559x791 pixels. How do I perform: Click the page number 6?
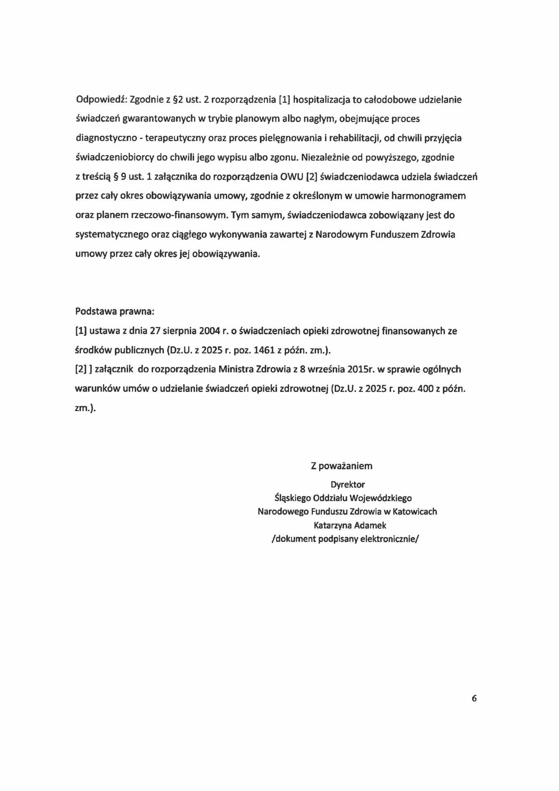[x=474, y=698]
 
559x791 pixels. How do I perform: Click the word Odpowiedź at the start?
[x=101, y=100]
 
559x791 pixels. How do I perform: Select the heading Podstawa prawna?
[x=115, y=311]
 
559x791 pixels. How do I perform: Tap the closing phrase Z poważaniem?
[x=341, y=466]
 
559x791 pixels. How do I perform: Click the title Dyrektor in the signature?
[x=348, y=484]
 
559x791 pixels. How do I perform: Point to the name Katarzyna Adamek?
[x=350, y=525]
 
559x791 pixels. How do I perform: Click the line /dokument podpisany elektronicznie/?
[x=345, y=539]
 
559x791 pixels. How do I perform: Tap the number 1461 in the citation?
[x=264, y=350]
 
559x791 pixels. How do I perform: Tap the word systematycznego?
[x=112, y=235]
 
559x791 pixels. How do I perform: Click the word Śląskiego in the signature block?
[x=292, y=498]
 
